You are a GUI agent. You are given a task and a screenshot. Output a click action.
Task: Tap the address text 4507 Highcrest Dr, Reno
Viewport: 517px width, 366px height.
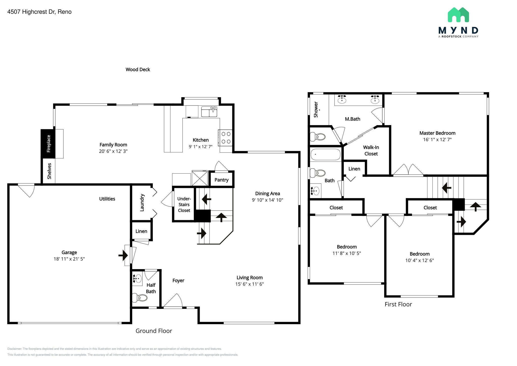(39, 12)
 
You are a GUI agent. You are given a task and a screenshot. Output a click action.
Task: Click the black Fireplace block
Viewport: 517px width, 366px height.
(48, 144)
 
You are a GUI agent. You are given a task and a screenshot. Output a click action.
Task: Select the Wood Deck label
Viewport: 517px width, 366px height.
(138, 70)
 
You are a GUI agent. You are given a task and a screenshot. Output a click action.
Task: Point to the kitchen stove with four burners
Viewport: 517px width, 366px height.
(226, 138)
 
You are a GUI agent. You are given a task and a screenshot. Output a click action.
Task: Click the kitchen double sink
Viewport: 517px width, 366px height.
(209, 112)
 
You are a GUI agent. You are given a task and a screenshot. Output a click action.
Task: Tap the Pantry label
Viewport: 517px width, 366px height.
(221, 180)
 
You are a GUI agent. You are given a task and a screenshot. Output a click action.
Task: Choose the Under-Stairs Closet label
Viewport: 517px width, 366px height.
(184, 204)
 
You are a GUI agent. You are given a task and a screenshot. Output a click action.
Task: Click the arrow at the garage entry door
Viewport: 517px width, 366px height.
(123, 255)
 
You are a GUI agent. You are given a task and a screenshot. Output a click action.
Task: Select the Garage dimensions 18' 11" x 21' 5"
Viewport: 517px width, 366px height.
(69, 259)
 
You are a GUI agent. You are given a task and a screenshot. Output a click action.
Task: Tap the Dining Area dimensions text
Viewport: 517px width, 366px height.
(267, 200)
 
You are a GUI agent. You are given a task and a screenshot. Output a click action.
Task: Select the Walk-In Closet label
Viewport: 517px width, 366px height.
(371, 150)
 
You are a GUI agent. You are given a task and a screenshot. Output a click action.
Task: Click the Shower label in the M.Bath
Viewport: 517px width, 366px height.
(316, 109)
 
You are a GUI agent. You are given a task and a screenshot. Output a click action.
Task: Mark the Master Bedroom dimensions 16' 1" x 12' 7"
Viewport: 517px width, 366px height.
(437, 140)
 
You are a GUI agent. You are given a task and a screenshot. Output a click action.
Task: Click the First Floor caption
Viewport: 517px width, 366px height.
(398, 304)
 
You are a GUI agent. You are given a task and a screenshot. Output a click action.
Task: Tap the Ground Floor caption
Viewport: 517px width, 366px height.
(154, 331)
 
